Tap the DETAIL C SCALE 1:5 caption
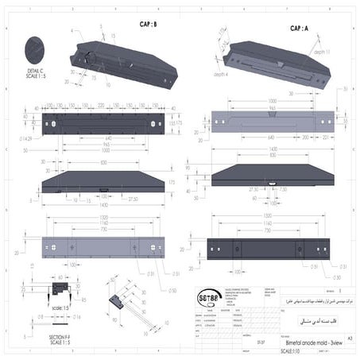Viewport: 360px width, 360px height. click(x=37, y=75)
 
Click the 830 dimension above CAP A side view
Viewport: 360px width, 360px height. click(x=269, y=155)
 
